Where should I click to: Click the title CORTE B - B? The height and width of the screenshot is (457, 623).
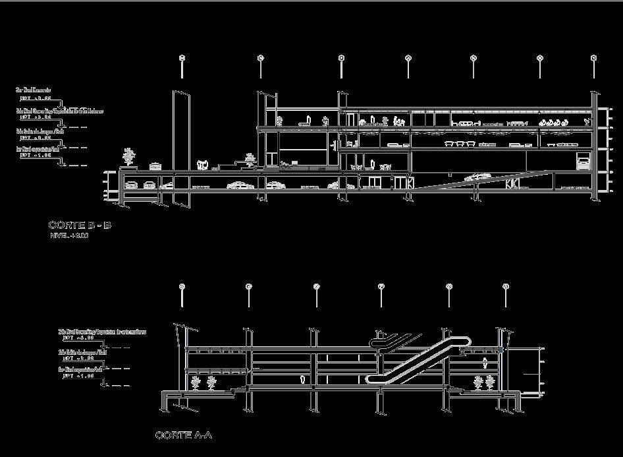pyautogui.click(x=80, y=226)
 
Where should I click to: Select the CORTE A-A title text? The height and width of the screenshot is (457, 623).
pyautogui.click(x=184, y=435)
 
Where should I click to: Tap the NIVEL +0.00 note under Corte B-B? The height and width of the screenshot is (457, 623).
pyautogui.click(x=69, y=235)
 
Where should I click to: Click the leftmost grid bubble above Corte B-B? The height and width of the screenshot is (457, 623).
pyautogui.click(x=182, y=58)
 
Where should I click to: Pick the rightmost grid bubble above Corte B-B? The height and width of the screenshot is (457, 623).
pyautogui.click(x=594, y=58)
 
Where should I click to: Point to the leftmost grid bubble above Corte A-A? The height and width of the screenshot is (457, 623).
pyautogui.click(x=182, y=286)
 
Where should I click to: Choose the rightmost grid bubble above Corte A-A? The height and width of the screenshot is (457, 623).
pyautogui.click(x=506, y=286)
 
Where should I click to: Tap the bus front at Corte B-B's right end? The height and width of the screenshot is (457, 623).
pyautogui.click(x=583, y=162)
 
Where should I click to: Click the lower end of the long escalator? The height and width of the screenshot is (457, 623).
pyautogui.click(x=372, y=379)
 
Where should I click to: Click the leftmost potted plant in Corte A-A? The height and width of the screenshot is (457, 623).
pyautogui.click(x=195, y=383)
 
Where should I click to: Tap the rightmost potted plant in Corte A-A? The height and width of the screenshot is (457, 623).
pyautogui.click(x=490, y=382)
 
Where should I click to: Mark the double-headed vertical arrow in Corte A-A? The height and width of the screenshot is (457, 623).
pyautogui.click(x=485, y=362)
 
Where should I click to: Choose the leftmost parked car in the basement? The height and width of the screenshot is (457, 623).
pyautogui.click(x=131, y=185)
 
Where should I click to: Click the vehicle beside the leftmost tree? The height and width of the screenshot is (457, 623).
pyautogui.click(x=155, y=166)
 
